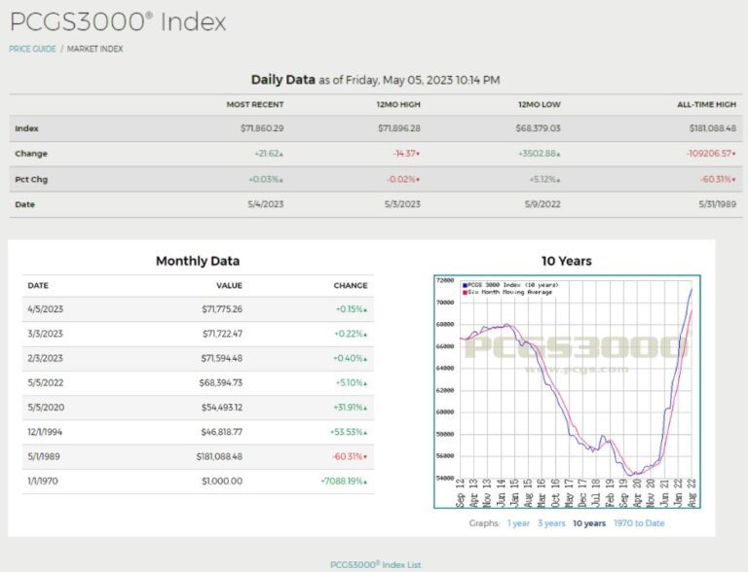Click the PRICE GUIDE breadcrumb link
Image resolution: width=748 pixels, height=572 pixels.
click(32, 49)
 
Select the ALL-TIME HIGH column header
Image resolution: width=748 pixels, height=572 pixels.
click(707, 104)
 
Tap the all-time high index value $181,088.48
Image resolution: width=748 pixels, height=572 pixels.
click(707, 128)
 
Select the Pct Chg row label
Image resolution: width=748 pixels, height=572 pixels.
click(31, 179)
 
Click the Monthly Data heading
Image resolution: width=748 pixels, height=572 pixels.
click(198, 261)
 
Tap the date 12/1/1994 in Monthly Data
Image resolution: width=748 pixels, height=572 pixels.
click(47, 431)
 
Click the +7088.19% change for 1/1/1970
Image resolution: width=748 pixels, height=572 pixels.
click(344, 481)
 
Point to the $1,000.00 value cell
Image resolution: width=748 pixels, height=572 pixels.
click(222, 481)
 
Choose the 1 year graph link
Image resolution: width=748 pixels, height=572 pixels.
click(518, 523)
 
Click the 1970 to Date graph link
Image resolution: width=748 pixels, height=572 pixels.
click(639, 523)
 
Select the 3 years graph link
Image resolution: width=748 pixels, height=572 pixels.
click(551, 523)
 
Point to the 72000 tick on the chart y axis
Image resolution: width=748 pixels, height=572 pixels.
click(444, 280)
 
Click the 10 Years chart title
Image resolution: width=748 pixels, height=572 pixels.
click(566, 261)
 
